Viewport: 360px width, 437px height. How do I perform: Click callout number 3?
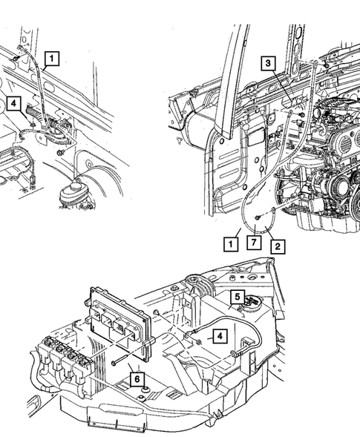pos(266,65)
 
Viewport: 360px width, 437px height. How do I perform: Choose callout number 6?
pos(137,379)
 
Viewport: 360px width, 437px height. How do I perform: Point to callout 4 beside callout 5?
pos(219,336)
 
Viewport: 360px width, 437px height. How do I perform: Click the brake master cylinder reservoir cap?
pos(73,183)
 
